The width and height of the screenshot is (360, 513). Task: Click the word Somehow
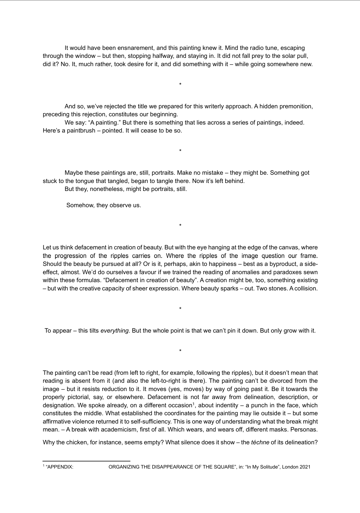click(x=80, y=205)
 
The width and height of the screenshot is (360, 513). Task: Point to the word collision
click(x=305, y=288)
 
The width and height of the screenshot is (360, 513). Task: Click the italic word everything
click(x=114, y=331)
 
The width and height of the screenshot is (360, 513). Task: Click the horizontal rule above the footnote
click(x=86, y=461)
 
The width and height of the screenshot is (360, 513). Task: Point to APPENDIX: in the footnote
click(x=60, y=467)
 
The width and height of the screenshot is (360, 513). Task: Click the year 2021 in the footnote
click(x=305, y=467)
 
